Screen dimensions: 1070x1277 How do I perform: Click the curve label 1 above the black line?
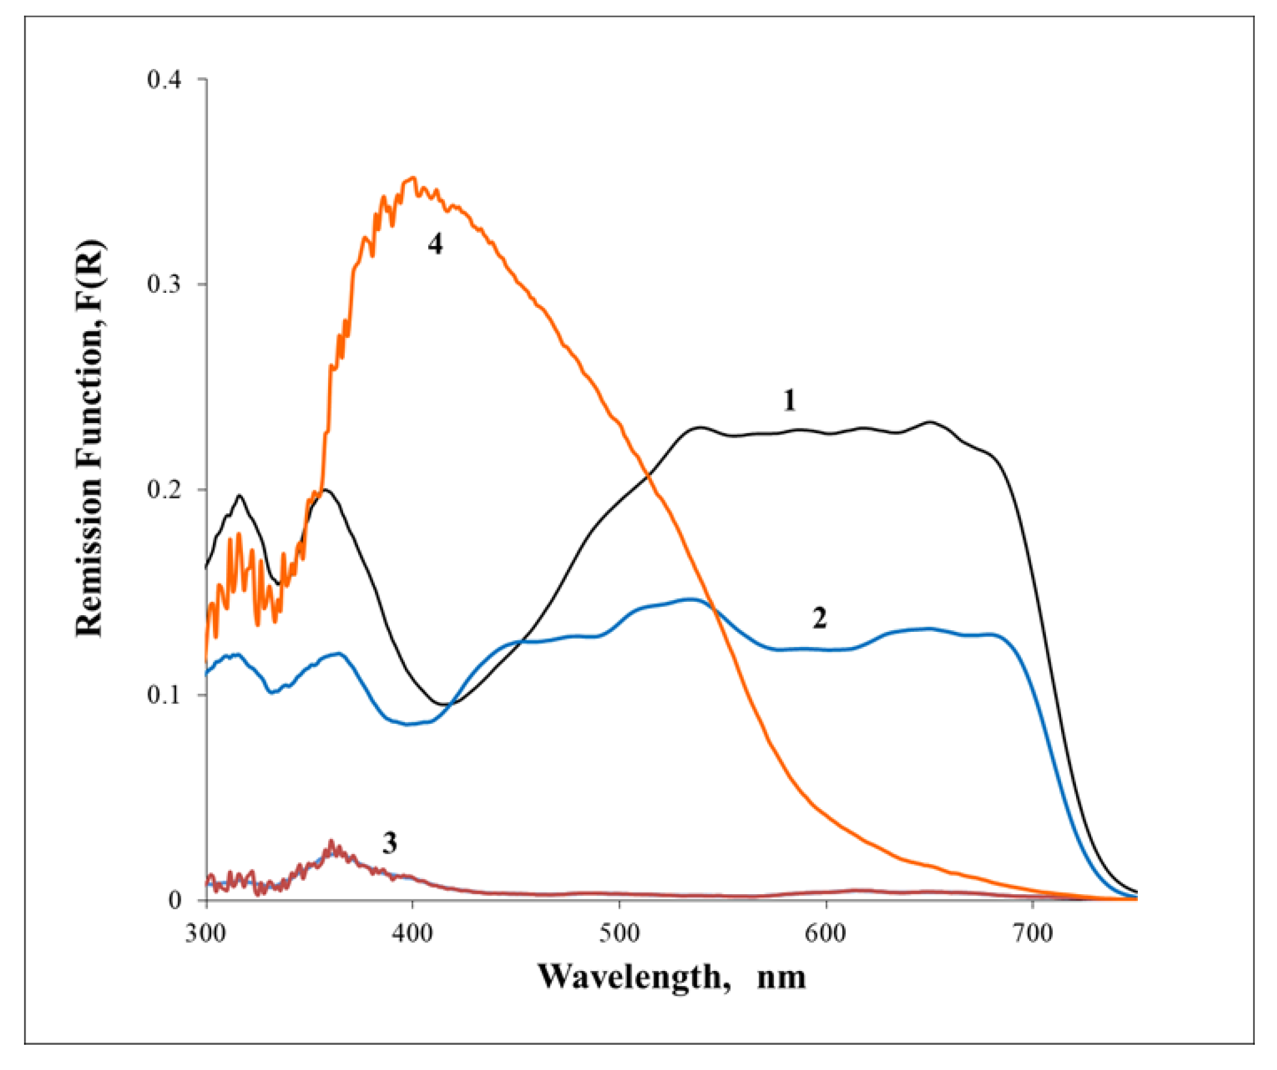coord(789,400)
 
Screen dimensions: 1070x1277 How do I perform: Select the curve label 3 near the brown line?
coord(390,843)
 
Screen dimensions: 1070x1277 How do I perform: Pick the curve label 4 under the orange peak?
coord(435,244)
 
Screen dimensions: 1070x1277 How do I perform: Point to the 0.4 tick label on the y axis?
coord(165,79)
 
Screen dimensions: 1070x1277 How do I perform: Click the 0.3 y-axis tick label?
coord(165,284)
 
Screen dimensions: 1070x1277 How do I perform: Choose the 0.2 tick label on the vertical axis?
coord(165,490)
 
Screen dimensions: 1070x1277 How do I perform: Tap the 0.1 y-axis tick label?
coord(165,695)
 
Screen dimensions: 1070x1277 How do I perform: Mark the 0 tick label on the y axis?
coord(175,900)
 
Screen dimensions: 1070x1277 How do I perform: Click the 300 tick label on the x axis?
coord(206,933)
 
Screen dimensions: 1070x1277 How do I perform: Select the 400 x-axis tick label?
coord(412,933)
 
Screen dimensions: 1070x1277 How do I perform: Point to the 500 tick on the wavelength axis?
coord(619,933)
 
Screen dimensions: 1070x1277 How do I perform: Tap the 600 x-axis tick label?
coord(826,933)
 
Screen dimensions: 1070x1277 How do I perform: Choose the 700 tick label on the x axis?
coord(1032,933)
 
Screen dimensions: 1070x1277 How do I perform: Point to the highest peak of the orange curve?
coord(413,178)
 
